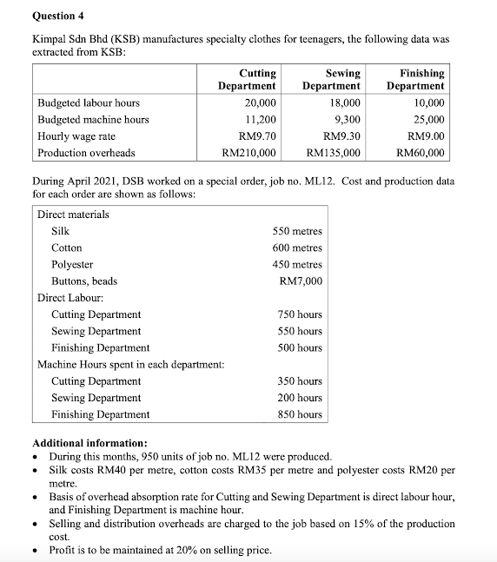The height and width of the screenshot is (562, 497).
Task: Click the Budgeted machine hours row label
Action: pos(93,120)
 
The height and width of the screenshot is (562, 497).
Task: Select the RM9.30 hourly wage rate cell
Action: pos(340,136)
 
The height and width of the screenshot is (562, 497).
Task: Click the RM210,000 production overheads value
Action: pos(249,153)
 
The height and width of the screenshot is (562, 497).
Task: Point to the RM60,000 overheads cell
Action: pos(420,153)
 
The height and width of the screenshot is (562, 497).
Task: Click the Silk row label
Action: pos(61,231)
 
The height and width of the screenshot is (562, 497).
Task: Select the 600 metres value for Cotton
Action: pos(297,248)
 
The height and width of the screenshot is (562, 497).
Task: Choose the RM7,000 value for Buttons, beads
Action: pos(301,281)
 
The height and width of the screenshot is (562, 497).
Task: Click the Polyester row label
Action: pos(72,264)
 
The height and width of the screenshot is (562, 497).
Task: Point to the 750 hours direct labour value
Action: pos(300,314)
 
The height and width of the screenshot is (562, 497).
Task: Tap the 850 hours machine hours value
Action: pos(300,414)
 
